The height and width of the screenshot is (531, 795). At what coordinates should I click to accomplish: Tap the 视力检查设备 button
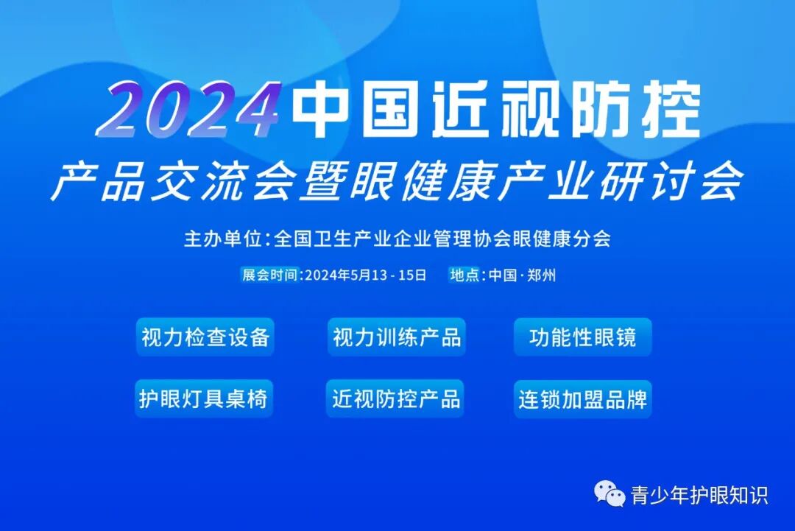[x=205, y=337]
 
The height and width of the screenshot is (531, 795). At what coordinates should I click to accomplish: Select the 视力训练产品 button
[x=397, y=337]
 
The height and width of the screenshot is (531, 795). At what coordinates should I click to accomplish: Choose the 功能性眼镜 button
[x=582, y=337]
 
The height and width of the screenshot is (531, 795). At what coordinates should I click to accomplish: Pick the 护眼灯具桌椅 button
[x=203, y=398]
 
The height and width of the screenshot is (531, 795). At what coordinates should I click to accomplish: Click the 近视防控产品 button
[x=396, y=398]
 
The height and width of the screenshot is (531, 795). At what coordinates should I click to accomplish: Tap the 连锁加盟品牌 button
[x=582, y=398]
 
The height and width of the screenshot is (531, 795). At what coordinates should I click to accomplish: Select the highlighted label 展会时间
[x=270, y=275]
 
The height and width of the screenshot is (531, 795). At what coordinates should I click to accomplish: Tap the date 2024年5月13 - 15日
[x=366, y=275]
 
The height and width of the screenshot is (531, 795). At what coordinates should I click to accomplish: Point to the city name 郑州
[x=542, y=275]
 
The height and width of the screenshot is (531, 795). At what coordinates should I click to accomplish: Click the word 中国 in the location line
[x=503, y=275]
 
